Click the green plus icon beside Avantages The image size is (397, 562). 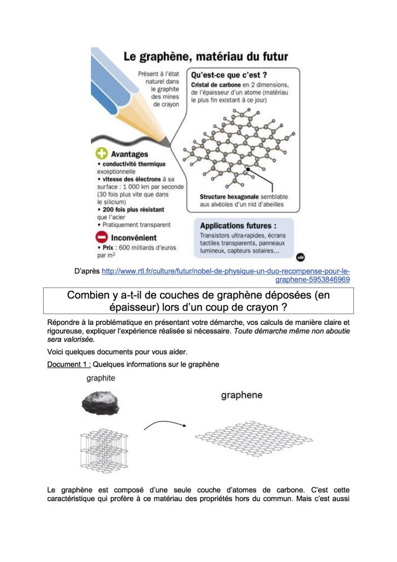coord(101,154)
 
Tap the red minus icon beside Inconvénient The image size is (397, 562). coord(101,237)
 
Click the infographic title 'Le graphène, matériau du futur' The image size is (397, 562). coord(206,57)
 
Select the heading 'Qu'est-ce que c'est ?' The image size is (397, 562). coord(229,75)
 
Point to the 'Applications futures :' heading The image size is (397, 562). coord(238,226)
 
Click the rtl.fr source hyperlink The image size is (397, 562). coord(225,276)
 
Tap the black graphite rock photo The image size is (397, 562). coord(100,403)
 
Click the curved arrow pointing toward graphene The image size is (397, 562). coord(165,423)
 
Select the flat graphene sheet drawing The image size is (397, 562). coord(254,439)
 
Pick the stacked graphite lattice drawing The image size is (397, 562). coord(104,450)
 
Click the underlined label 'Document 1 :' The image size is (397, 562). coord(69,364)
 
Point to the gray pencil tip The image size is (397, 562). coord(166,142)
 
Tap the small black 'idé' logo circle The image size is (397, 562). coord(300,257)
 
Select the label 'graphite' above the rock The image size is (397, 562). coord(100,379)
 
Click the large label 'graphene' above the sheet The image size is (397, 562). coord(242,395)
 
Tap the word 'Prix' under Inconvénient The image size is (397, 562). coord(108,248)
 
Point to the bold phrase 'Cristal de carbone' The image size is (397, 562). coord(216,85)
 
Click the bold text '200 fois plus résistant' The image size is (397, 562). coord(133,210)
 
